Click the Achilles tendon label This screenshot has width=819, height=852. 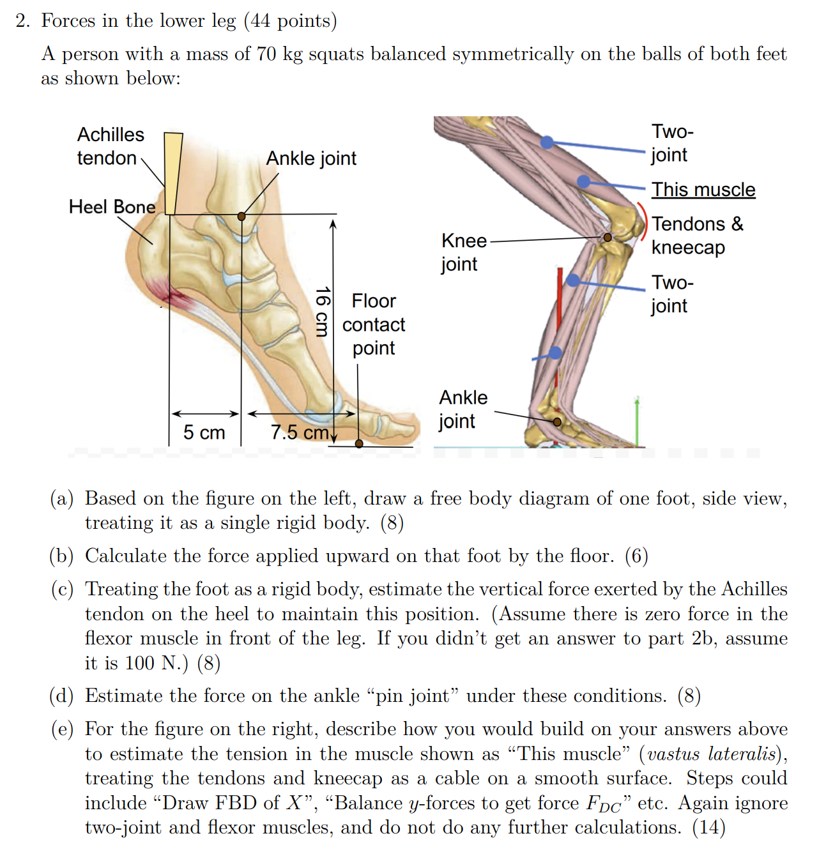(x=110, y=146)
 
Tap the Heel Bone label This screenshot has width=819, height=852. (x=112, y=206)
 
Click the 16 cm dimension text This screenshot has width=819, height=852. (x=323, y=312)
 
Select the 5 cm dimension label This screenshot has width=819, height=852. (x=204, y=432)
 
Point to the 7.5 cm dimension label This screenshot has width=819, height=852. (x=299, y=432)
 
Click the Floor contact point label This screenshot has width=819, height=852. (x=374, y=324)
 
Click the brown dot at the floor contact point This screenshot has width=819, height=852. (x=359, y=443)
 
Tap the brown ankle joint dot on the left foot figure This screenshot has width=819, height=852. (x=241, y=217)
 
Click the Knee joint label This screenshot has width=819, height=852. (x=463, y=252)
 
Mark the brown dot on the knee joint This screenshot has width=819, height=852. (x=608, y=238)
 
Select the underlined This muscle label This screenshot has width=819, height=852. (x=703, y=190)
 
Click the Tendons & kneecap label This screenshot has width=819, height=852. (x=697, y=235)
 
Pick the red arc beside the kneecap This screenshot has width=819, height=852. (x=644, y=221)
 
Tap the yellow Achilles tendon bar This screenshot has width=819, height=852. (x=172, y=172)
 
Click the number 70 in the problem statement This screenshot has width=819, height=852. (x=266, y=54)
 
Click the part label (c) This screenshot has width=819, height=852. (x=62, y=589)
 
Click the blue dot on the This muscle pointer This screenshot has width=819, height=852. (x=583, y=181)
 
